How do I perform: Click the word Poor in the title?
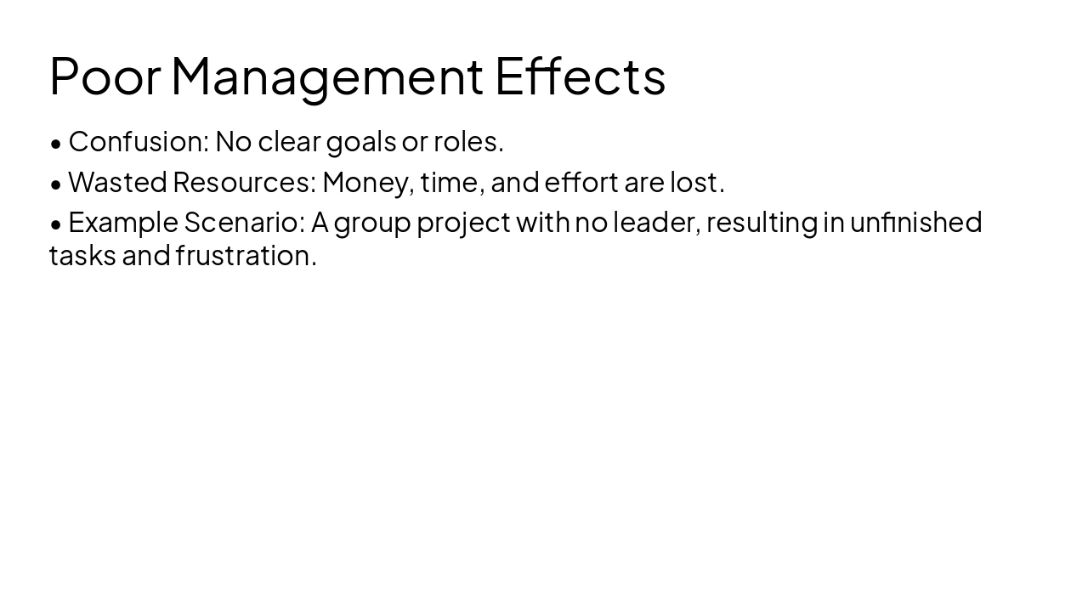(x=105, y=76)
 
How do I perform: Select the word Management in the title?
(x=327, y=76)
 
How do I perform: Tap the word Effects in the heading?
(x=580, y=76)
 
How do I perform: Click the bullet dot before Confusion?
(x=56, y=144)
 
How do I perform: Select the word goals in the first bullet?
(x=361, y=142)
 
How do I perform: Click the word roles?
(x=467, y=142)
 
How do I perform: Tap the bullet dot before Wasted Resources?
(x=56, y=184)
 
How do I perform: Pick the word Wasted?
(x=117, y=182)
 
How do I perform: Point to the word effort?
(x=581, y=182)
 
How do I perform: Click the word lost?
(x=696, y=182)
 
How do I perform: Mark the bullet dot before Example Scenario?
(x=56, y=224)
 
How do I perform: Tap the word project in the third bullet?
(x=463, y=223)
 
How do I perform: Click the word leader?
(x=656, y=222)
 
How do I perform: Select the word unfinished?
(x=915, y=222)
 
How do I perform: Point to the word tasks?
(x=82, y=255)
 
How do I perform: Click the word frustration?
(x=246, y=255)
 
